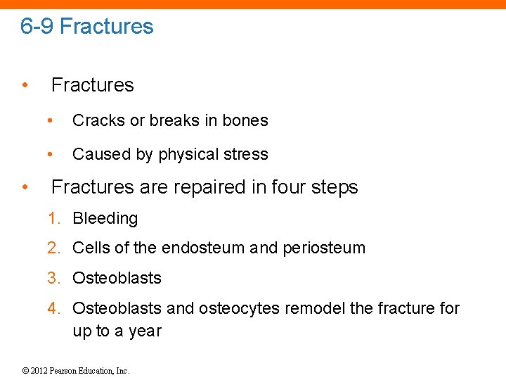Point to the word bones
245,120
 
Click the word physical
195,154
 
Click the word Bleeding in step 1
105,219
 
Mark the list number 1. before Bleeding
54,219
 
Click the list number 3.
54,278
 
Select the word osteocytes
239,308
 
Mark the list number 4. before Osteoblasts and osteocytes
54,308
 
